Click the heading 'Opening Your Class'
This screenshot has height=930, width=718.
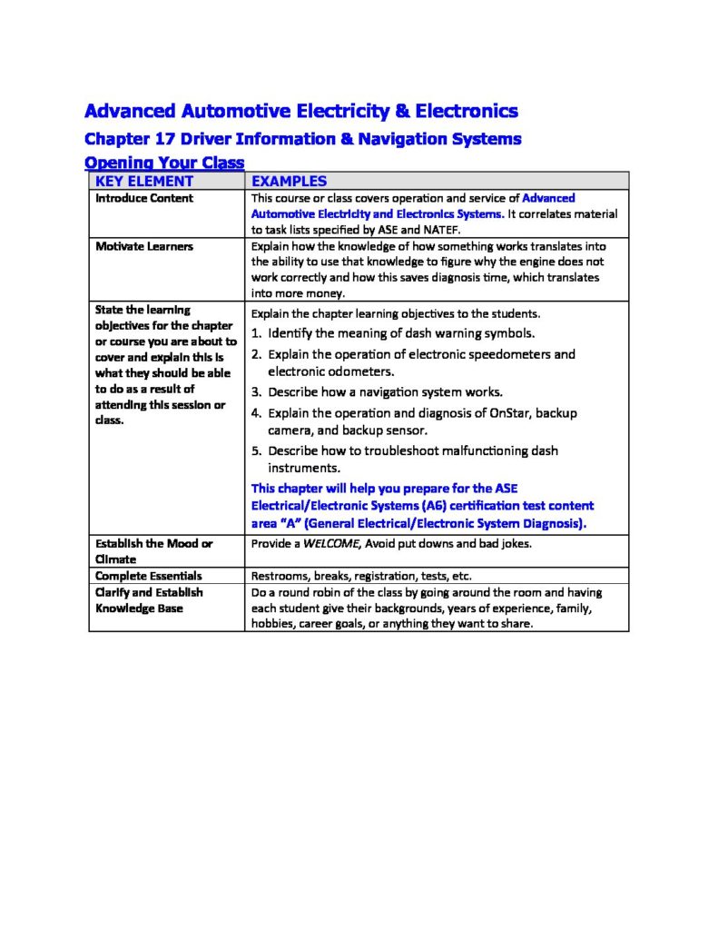163,163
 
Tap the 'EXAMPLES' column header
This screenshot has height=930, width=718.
289,181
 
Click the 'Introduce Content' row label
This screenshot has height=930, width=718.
144,198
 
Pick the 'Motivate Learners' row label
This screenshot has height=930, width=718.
144,246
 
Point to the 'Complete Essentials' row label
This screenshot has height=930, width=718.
149,576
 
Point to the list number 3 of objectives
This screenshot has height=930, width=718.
257,392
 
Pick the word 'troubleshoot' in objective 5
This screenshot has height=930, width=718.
395,450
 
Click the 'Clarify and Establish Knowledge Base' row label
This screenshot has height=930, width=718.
149,599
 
